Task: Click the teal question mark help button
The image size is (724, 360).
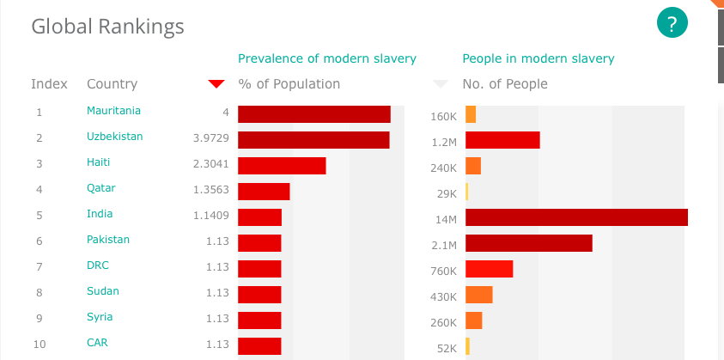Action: point(672,22)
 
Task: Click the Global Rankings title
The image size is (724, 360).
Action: point(107,27)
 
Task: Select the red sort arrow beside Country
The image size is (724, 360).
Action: point(216,83)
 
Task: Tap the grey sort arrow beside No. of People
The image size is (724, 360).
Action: point(441,84)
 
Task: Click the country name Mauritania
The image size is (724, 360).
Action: point(113,111)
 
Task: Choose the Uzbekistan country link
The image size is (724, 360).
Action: point(114,137)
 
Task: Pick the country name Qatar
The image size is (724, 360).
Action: point(101,188)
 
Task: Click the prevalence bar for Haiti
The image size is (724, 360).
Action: point(282,166)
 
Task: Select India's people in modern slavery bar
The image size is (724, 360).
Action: point(576,217)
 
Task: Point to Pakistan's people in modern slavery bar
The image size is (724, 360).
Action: point(529,243)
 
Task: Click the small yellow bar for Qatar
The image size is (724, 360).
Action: point(466,192)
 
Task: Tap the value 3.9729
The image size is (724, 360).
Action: point(211,137)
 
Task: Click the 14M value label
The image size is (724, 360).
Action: point(446,220)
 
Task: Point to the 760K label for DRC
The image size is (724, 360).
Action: point(443,272)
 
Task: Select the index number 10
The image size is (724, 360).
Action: point(40,345)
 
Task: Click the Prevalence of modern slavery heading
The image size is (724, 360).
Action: point(326,58)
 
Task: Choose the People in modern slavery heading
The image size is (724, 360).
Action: point(538,58)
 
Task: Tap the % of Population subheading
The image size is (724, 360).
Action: point(289,84)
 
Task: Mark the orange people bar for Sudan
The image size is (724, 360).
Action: point(478,295)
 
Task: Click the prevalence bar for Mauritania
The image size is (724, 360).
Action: point(314,114)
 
